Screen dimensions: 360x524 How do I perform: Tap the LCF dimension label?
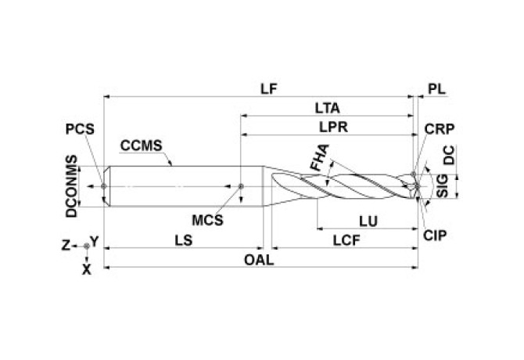click(343, 242)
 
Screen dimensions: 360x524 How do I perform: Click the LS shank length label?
click(181, 242)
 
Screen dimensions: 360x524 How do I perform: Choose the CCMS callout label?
click(142, 145)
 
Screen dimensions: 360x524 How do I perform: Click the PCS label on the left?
click(79, 130)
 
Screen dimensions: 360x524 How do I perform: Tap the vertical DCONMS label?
click(72, 188)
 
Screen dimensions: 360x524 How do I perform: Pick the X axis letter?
click(86, 268)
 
